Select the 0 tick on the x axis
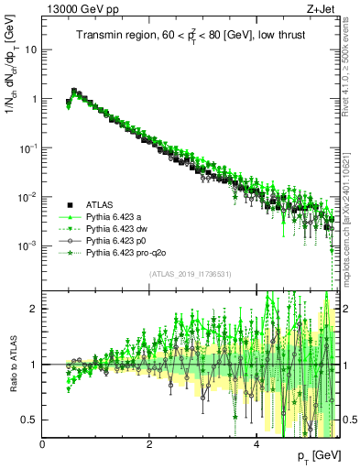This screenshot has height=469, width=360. point(42,442)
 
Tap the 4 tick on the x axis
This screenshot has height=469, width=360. point(256,442)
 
